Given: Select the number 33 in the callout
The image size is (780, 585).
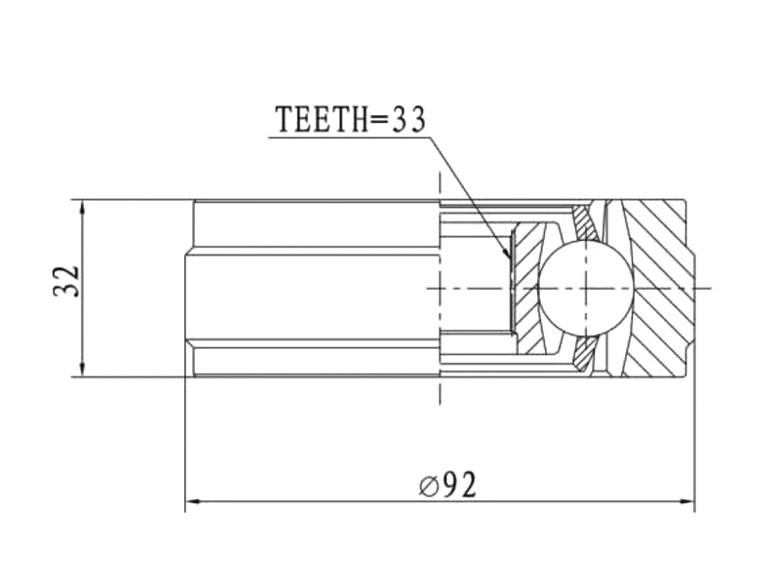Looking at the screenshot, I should [x=409, y=119].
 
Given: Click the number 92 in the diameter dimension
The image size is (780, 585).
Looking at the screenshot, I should [x=457, y=485].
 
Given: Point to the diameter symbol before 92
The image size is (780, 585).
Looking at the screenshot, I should [x=429, y=486].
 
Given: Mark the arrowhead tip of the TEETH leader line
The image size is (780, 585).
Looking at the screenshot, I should [x=510, y=259].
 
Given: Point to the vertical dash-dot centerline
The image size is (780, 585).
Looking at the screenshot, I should [x=440, y=390].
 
